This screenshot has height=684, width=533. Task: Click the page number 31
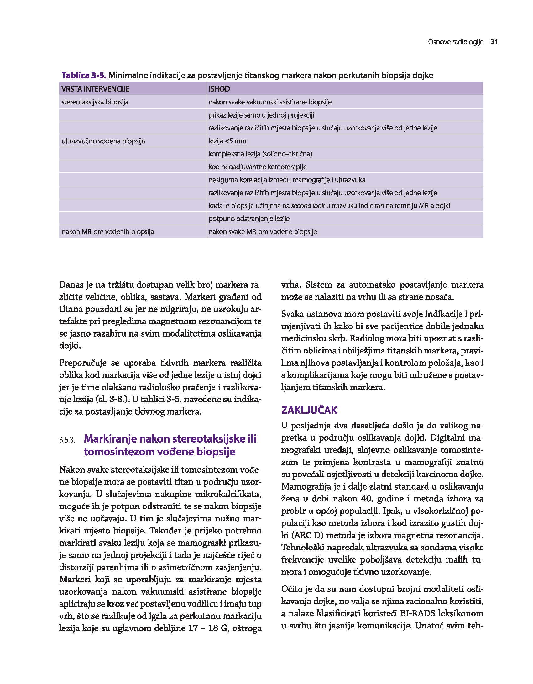point(494,42)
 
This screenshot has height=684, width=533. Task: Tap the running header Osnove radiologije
point(456,42)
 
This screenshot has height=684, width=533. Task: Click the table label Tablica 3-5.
point(84,75)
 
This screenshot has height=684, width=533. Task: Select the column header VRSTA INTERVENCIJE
point(95,89)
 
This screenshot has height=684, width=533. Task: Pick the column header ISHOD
point(219,89)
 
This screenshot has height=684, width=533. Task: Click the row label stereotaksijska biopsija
point(95,102)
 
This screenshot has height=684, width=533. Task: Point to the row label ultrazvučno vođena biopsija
point(103,141)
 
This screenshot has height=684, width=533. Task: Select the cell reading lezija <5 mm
point(227,141)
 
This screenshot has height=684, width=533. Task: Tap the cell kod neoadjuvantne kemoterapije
point(257,167)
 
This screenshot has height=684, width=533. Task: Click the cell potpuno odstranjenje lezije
point(249,219)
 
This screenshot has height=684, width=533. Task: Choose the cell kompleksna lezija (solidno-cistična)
point(260,154)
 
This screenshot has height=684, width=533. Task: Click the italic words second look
point(308,206)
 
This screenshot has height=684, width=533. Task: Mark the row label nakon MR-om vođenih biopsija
point(107,232)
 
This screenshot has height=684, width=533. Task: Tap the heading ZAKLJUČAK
point(309,410)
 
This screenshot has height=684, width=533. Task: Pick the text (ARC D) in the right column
point(308,535)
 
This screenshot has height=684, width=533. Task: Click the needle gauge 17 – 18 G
point(208,628)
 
